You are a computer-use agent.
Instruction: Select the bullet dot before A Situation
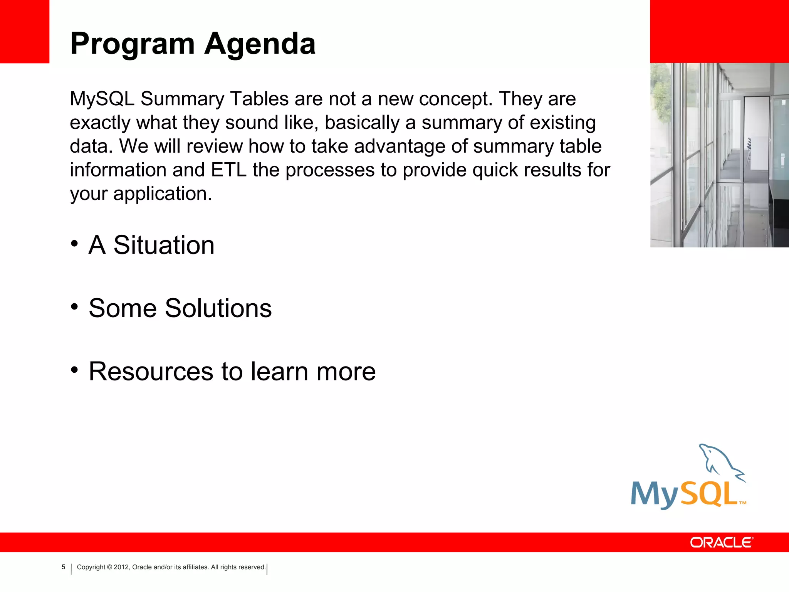coord(75,244)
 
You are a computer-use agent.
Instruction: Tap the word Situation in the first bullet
coord(164,245)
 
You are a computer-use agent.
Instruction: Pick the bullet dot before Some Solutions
coord(75,307)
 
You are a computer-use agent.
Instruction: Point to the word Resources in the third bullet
coord(151,372)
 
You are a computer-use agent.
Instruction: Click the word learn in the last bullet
coord(279,372)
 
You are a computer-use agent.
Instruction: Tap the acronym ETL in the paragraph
coord(228,170)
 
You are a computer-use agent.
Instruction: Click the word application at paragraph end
coord(162,194)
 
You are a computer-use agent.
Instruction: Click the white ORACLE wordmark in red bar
coord(721,542)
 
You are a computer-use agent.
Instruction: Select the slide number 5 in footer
coord(64,567)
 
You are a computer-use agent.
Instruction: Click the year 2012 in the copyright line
coord(121,567)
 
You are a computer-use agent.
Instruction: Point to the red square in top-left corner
coord(24,31)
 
